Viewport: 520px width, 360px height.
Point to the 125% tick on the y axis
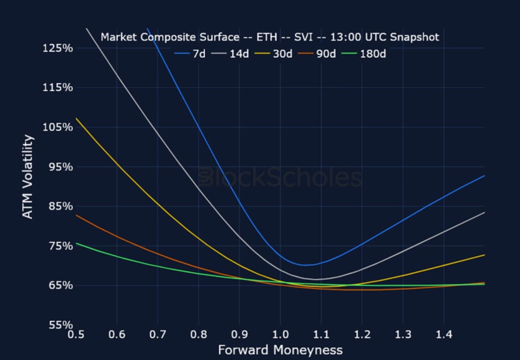click(x=57, y=48)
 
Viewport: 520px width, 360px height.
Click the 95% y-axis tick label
click(x=60, y=167)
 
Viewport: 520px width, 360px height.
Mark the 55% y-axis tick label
click(x=60, y=325)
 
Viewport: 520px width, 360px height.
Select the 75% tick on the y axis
click(x=60, y=246)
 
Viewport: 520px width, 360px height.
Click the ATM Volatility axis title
click(x=28, y=176)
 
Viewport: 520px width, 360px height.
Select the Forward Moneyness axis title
click(x=280, y=350)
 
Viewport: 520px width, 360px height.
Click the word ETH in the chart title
click(x=268, y=37)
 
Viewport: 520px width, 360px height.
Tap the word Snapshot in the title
click(x=416, y=37)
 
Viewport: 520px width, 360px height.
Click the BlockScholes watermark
click(x=280, y=178)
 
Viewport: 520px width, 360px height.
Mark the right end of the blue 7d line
click(x=485, y=176)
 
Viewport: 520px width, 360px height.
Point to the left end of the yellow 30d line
click(x=76, y=118)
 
